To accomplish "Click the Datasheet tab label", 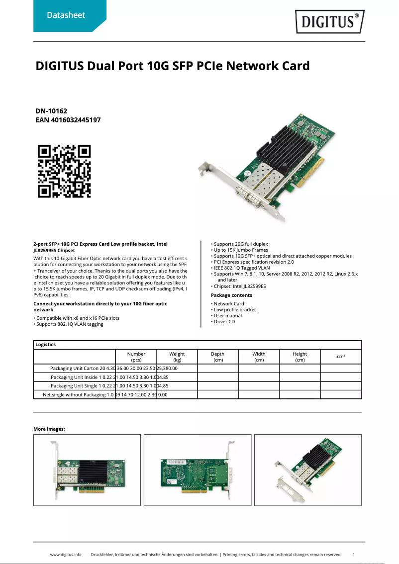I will click(66, 15).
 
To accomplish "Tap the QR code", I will click(64, 171).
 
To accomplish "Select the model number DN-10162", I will click(51, 111).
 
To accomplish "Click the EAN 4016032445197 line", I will click(68, 120).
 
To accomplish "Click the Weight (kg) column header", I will click(177, 357).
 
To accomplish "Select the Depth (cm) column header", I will click(217, 357).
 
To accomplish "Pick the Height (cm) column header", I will click(299, 357).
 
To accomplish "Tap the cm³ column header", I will click(341, 357).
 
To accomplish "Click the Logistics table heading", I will click(46, 345).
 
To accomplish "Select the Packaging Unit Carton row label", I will click(74, 369).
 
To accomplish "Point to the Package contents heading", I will click(231, 295).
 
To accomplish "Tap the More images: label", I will click(49, 429).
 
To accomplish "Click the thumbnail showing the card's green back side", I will click(198, 470).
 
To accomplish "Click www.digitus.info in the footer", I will click(66, 554).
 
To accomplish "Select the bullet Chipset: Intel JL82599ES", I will click(240, 286).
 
